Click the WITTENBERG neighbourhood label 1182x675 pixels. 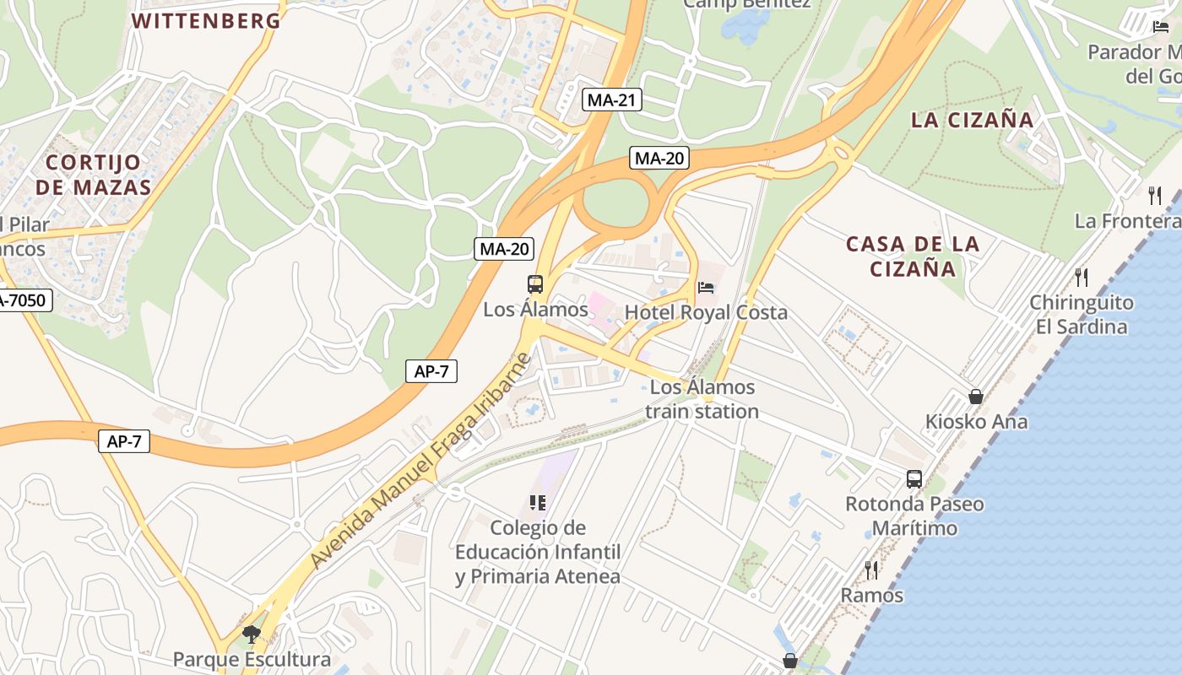tap(206, 21)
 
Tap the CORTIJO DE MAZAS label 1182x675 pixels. tap(93, 175)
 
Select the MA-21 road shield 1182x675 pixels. tap(612, 100)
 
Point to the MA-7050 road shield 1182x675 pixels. tap(24, 300)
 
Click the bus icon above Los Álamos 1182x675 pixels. tap(535, 284)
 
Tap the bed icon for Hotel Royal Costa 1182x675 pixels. tap(706, 288)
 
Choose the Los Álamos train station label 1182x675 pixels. tap(702, 399)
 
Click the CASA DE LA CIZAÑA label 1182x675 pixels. tap(913, 256)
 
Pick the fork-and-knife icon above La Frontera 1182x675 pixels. tap(1155, 196)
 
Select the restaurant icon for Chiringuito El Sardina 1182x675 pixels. tap(1081, 277)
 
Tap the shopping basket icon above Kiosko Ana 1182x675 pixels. tap(976, 396)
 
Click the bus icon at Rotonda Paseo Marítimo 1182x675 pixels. tap(914, 479)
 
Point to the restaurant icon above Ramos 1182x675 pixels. tap(871, 570)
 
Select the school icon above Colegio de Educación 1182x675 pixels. tap(537, 503)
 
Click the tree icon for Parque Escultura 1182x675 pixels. tap(251, 634)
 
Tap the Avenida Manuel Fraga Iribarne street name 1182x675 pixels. tap(420, 462)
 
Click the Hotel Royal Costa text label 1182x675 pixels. tap(706, 312)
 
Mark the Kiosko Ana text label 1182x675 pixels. tap(976, 421)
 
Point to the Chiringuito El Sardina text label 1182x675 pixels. tap(1082, 314)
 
